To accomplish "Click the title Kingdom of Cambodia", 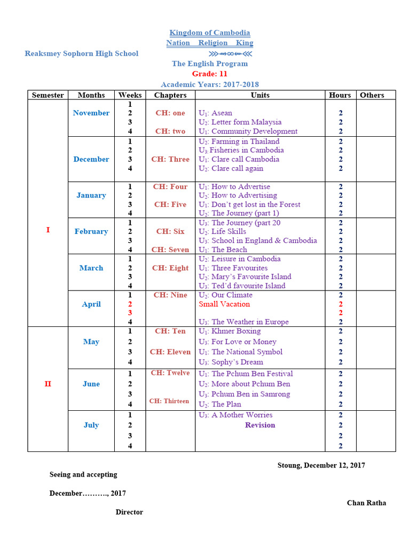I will coord(210,33).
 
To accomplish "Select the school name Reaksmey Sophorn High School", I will coord(81,53).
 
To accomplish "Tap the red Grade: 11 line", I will coord(210,74).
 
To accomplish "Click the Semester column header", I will coord(48,95).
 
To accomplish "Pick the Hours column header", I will coord(340,95).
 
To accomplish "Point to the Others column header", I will coord(372,95).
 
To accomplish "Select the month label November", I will coord(91,113).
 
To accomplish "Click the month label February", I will coord(91,231).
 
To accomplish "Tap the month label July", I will coord(91,425).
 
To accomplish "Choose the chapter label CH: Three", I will coord(170,159).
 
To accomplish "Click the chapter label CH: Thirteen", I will coord(169,401).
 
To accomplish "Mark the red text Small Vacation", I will coord(224,304).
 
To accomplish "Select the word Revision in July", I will coord(260,425).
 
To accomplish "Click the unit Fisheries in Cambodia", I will coord(241,150).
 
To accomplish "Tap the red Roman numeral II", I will coord(48,384).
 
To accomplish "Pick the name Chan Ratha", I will coord(366,503).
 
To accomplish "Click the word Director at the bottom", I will coord(129,512).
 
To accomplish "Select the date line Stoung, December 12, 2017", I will coord(321,465).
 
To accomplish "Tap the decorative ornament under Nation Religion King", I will coord(231,53).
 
